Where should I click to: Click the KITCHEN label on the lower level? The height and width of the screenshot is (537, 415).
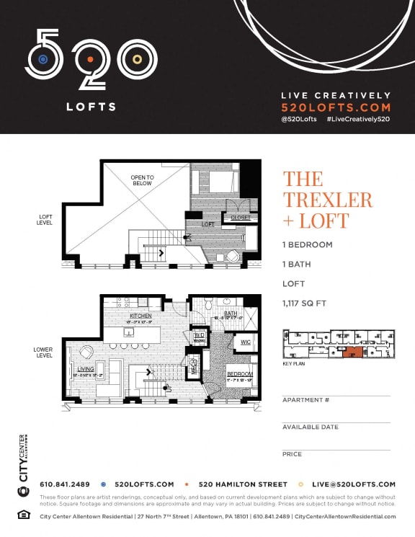140,316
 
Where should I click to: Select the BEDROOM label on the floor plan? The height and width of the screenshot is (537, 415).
240,374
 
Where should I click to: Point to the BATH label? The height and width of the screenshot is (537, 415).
231,314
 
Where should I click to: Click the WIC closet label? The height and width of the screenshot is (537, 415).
244,342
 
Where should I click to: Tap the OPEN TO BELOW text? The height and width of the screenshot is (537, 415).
143,180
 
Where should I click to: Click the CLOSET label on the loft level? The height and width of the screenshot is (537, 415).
240,217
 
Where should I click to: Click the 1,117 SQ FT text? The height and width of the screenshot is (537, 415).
305,303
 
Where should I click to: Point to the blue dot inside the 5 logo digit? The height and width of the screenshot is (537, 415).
44,59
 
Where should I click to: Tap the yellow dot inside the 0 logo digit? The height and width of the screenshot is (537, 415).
135,59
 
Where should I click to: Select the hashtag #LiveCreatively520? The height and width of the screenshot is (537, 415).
357,118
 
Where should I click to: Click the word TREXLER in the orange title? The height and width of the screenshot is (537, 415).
327,200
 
